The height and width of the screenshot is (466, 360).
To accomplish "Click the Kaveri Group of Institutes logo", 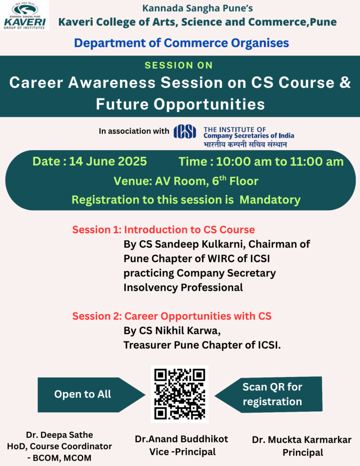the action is pos(25,15).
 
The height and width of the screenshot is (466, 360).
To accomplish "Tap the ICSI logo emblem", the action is pos(185,132).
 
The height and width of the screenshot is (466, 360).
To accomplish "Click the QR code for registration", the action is pos(180,394).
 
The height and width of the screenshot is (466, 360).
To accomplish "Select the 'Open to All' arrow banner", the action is pos(91,395).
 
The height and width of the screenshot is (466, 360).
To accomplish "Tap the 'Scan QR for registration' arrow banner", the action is pos(269,395).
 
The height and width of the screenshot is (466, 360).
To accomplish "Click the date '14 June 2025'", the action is pos(108,162).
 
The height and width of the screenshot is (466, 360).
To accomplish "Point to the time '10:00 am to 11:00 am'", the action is pos(280,162).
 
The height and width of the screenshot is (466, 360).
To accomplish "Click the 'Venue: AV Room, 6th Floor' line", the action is pos(186,181).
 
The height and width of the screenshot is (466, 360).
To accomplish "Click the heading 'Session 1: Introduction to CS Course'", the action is pos(163,230).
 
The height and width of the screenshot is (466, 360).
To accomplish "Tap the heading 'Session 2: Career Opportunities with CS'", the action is pos(172,316).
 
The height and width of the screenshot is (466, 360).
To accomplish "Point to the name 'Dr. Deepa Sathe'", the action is pos(60,435).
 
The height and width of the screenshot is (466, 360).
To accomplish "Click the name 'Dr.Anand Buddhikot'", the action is pos(181,439).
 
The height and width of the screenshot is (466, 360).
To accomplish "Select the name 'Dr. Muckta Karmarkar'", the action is pos(302,440).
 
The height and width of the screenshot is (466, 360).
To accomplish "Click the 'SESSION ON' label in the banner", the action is pos(179,66).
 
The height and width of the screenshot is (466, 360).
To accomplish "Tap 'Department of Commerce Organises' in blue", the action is pos(182,43).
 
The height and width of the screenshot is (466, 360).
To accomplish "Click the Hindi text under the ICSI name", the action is pos(245,144).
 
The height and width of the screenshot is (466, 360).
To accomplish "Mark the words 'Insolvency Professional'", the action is pos(183,288).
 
